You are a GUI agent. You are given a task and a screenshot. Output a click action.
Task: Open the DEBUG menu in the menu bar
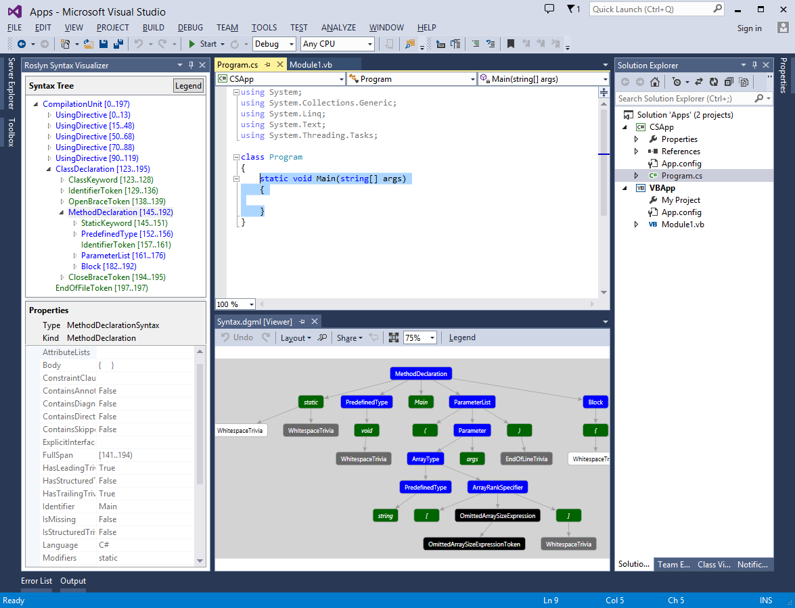pos(190,28)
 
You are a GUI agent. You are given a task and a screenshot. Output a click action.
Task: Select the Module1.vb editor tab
pos(311,65)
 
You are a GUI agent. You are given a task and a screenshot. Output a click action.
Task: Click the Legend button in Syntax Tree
pos(188,86)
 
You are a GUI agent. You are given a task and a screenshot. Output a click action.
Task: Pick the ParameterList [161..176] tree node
pos(123,256)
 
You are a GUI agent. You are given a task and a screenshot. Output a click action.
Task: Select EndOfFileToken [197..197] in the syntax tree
pos(101,288)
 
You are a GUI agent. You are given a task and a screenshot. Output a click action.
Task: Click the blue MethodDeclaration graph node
pos(421,373)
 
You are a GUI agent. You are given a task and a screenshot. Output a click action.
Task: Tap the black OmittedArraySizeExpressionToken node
pos(474,544)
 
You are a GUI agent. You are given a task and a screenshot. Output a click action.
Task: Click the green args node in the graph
pos(472,459)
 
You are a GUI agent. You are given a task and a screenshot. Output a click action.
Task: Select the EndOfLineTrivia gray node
pos(526,459)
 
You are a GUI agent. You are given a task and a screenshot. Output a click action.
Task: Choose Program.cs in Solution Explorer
pos(681,176)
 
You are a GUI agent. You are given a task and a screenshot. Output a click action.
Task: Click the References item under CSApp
pos(681,151)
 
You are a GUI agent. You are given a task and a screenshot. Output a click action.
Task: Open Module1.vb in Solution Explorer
pos(683,225)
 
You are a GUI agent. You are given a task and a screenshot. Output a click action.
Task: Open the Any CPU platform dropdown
pos(338,44)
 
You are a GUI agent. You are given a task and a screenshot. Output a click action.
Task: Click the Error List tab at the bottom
pos(37,581)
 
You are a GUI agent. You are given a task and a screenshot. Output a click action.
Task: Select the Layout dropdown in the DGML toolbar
pos(296,337)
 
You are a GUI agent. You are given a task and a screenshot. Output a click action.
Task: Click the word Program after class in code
pos(286,157)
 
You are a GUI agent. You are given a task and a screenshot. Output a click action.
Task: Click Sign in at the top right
pos(749,28)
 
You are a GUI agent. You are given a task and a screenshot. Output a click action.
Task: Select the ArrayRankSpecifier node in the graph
pos(498,487)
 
